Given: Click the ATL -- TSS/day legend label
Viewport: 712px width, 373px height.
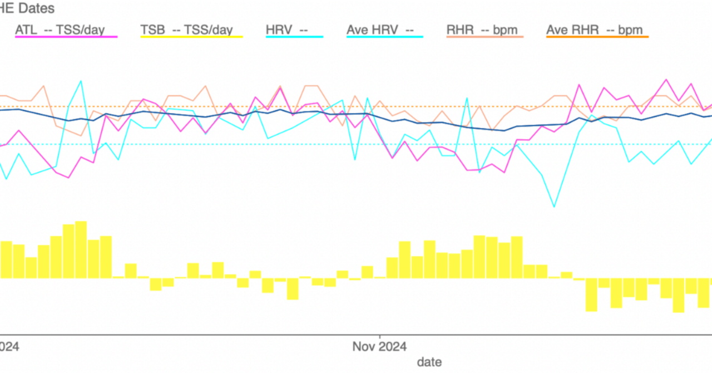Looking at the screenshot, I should click(60, 30).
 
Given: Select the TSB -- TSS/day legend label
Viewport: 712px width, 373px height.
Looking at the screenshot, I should click(186, 30).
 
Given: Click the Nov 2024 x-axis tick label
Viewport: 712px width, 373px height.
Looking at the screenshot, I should click(379, 347).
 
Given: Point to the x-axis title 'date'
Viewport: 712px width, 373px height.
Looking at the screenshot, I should click(429, 362).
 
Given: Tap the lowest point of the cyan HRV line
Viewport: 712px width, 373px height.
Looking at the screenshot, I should click(554, 207).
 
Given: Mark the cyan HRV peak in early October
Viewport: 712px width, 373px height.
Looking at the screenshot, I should click(81, 81).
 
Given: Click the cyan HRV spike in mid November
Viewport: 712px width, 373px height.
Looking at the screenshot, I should click(466, 99).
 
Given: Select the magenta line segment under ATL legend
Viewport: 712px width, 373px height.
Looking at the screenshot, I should click(66, 37).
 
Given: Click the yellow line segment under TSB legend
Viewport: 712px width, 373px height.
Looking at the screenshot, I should click(191, 37).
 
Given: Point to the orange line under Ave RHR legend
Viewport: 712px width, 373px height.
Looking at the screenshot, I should click(597, 37).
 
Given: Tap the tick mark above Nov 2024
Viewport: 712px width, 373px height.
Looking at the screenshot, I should click(379, 337).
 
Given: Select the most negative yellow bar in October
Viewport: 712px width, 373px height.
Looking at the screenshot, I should click(293, 289).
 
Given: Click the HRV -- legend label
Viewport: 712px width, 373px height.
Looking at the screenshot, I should click(287, 30).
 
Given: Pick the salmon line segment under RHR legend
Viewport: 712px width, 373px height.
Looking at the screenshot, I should click(485, 37).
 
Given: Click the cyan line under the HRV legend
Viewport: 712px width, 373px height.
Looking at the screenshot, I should click(294, 37).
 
